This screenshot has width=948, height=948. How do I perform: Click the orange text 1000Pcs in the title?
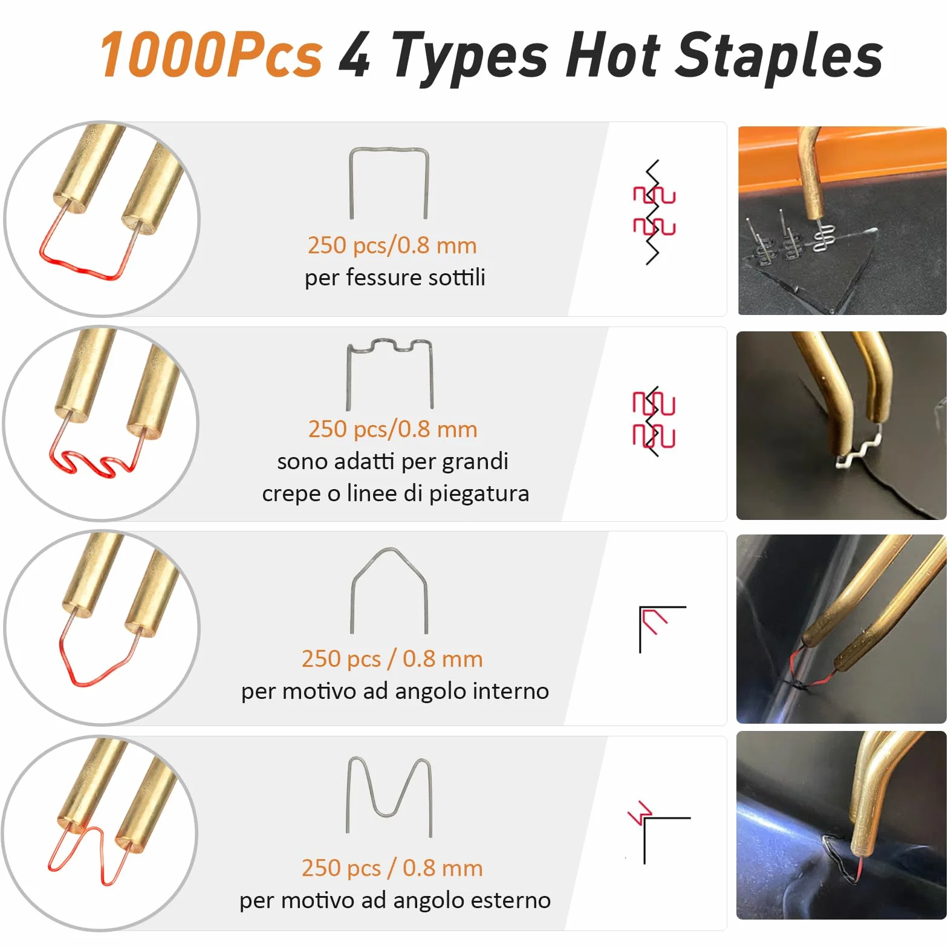[x=212, y=56]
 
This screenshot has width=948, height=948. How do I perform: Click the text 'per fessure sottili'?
[x=395, y=278]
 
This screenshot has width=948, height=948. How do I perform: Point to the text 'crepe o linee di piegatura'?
[x=395, y=493]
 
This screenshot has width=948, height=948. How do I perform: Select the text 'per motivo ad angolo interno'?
[x=395, y=690]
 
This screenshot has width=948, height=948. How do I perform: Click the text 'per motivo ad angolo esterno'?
[x=395, y=900]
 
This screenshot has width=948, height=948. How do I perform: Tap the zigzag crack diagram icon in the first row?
[x=653, y=212]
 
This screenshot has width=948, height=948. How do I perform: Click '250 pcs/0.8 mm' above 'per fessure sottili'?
[x=392, y=245]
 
